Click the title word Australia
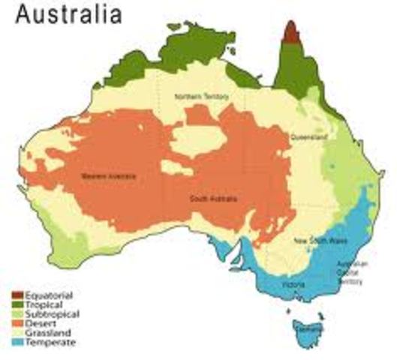(69, 16)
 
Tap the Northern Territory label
(200, 97)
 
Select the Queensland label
(308, 138)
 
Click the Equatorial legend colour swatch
(17, 294)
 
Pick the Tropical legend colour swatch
(17, 304)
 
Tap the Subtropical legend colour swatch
(17, 313)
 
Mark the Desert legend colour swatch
(17, 323)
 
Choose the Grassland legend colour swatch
(17, 333)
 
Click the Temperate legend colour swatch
(17, 343)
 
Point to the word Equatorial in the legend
(50, 294)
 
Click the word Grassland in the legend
(49, 333)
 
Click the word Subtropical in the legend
(53, 313)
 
